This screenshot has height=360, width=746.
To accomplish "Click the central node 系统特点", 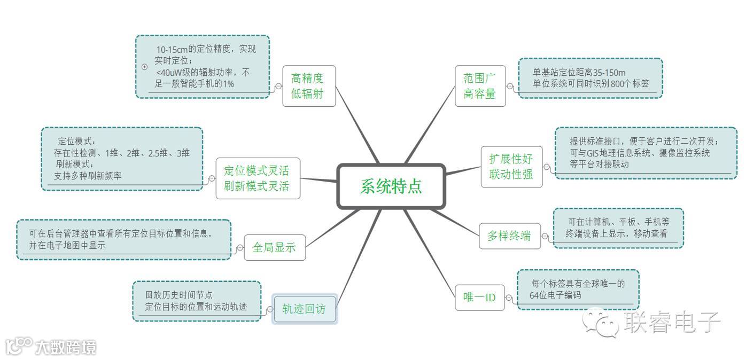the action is click(391, 186).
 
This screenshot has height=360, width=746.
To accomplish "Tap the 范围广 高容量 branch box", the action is click(480, 86).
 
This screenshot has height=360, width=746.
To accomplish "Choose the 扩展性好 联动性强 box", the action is click(511, 166).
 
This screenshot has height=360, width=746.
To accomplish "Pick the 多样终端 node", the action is click(509, 236).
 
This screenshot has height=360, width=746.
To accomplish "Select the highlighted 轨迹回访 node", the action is click(304, 309).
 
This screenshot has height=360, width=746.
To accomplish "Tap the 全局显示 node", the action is click(275, 247).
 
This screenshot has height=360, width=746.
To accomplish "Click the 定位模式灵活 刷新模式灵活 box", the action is click(258, 178).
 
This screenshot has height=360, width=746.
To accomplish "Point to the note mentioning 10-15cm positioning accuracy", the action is click(203, 66).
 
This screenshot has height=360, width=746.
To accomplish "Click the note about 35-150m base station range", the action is click(590, 78).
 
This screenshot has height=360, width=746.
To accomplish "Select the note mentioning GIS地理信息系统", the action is click(646, 153).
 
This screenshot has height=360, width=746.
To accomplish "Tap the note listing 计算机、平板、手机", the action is click(618, 228).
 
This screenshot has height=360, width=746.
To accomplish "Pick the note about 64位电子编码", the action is click(578, 289).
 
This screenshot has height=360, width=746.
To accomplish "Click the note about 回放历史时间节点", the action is click(196, 301).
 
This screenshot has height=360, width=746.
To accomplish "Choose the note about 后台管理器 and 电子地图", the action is click(123, 240).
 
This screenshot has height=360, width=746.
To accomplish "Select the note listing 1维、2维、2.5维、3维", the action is click(122, 159).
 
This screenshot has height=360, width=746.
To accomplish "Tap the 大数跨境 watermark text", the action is click(66, 348).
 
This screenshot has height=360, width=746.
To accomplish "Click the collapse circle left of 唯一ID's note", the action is click(509, 298).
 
